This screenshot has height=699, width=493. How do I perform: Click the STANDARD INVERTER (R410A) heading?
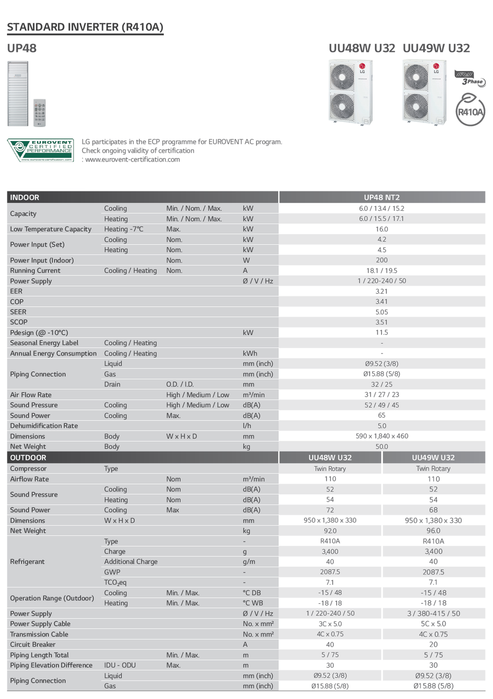[x=85, y=27]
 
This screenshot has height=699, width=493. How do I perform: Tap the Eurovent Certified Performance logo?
[x=40, y=150]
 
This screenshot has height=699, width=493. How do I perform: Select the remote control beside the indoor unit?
[x=40, y=113]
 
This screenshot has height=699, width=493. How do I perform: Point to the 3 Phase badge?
[x=470, y=79]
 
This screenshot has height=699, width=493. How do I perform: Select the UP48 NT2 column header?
[x=382, y=198]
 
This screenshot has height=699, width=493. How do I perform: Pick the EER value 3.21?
[x=382, y=291]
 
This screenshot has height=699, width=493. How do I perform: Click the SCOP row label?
[x=19, y=322]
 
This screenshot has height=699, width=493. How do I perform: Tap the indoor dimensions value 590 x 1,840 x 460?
[x=382, y=436]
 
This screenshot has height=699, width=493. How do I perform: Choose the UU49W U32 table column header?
[x=433, y=458]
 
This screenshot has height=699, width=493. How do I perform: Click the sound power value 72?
[x=330, y=510]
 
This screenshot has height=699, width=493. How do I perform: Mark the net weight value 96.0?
[x=433, y=531]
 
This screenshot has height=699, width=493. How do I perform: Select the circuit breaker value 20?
[x=433, y=644]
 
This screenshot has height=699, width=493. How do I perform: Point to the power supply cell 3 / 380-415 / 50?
[x=433, y=614]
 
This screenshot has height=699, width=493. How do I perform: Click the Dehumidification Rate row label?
[x=44, y=426]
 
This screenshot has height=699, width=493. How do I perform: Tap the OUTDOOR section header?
[x=28, y=458]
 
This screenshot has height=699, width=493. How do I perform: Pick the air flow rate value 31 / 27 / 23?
[x=382, y=395]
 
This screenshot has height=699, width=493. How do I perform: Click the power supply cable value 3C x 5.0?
[x=330, y=624]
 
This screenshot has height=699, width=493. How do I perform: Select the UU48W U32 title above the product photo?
[x=362, y=48]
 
